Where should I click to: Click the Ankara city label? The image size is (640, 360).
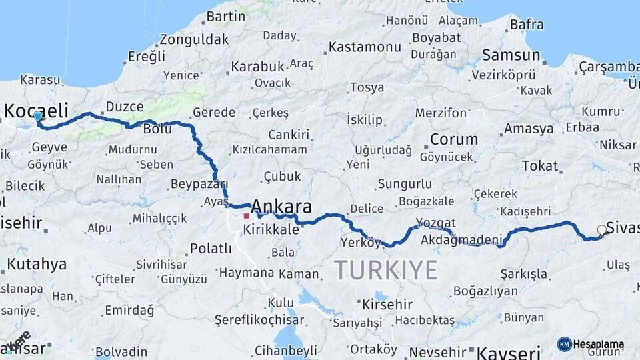click(281, 206)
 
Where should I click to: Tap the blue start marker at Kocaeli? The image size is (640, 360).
click(38, 116)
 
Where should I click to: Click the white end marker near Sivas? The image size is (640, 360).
click(602, 230)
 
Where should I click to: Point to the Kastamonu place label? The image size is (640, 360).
click(365, 47)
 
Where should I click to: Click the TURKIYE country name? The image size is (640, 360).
click(385, 270)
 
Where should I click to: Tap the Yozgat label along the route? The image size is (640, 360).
click(435, 223)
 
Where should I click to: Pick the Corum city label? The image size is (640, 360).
click(453, 139)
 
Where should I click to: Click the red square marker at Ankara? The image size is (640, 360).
click(247, 216)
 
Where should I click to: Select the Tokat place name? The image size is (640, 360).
click(539, 165)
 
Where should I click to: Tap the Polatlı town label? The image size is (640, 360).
click(211, 249)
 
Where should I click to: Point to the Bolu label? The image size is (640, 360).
click(157, 129)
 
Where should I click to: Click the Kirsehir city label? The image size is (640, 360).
click(387, 305)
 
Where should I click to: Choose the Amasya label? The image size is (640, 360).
click(529, 128)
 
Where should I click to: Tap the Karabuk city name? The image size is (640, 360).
click(257, 67)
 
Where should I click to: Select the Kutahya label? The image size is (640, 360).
click(37, 264)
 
